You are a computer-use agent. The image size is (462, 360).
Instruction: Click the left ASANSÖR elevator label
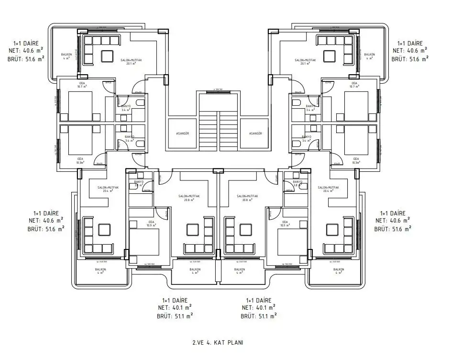184,134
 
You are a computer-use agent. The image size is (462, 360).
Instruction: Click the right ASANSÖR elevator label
255,134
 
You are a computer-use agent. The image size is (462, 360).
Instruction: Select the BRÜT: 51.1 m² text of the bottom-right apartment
259,316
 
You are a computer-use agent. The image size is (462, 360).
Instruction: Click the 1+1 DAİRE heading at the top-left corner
26,43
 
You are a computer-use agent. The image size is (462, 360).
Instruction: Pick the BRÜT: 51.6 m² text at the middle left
46,229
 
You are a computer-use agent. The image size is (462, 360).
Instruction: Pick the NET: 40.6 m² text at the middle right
393,221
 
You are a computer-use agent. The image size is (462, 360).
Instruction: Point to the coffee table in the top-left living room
105,56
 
